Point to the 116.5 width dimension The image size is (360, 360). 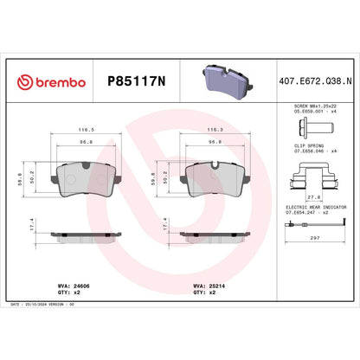coord(87,131)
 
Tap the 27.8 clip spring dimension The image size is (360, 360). coord(309,198)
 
